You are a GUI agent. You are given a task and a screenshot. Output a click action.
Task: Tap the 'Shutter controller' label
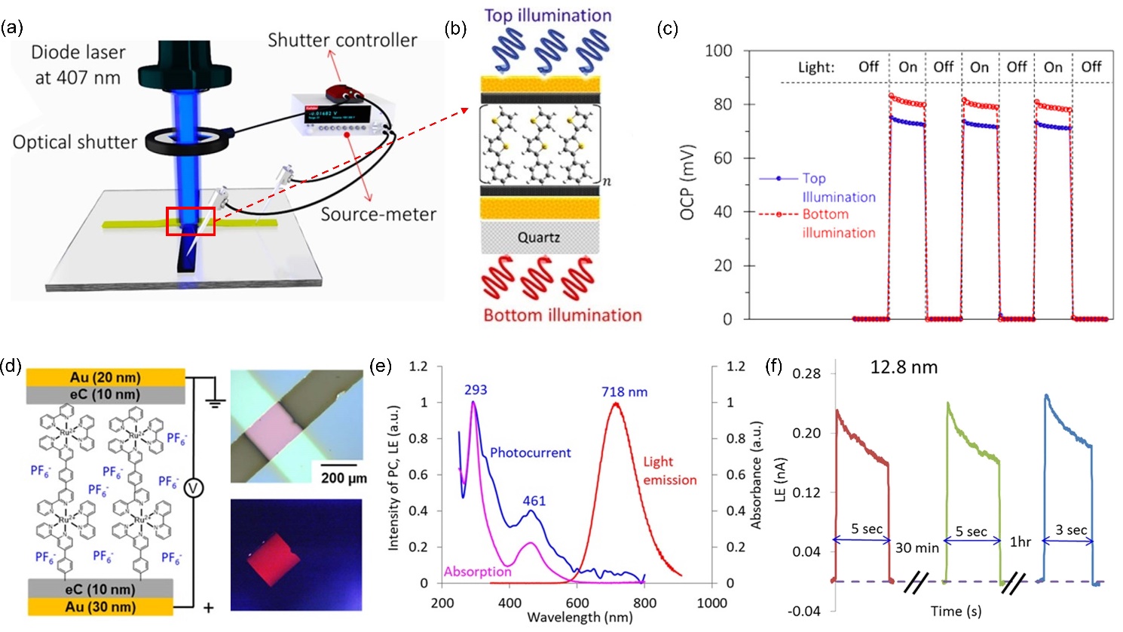coord(342,40)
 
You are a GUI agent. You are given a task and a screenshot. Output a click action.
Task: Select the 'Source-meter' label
coord(378,214)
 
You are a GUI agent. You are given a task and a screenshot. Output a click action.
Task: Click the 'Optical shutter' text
coord(75,142)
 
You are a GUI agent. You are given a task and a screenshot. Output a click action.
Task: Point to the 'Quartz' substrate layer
coord(539,238)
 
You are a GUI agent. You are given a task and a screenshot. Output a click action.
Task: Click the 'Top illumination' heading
coord(548,15)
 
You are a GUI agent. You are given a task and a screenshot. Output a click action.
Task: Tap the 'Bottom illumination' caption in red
coord(562,315)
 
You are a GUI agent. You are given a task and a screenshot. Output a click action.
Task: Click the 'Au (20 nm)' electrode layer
coord(105,377)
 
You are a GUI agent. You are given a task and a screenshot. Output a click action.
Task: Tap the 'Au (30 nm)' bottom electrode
coord(101,606)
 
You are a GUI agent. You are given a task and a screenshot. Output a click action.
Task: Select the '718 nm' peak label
coord(624,392)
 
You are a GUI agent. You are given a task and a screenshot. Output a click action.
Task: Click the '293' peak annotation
coord(476,390)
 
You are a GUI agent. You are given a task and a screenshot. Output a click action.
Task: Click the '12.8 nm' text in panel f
coord(904,367)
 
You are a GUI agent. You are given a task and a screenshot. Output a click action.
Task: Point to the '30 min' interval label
coord(916,548)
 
